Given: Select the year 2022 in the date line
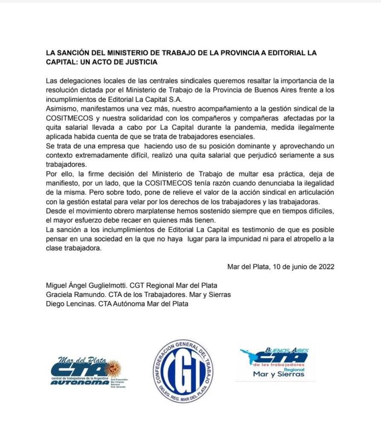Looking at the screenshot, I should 326,267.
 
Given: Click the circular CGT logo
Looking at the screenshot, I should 183,370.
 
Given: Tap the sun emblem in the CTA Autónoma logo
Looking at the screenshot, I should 113,368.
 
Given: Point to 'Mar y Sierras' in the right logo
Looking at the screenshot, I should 279,374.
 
